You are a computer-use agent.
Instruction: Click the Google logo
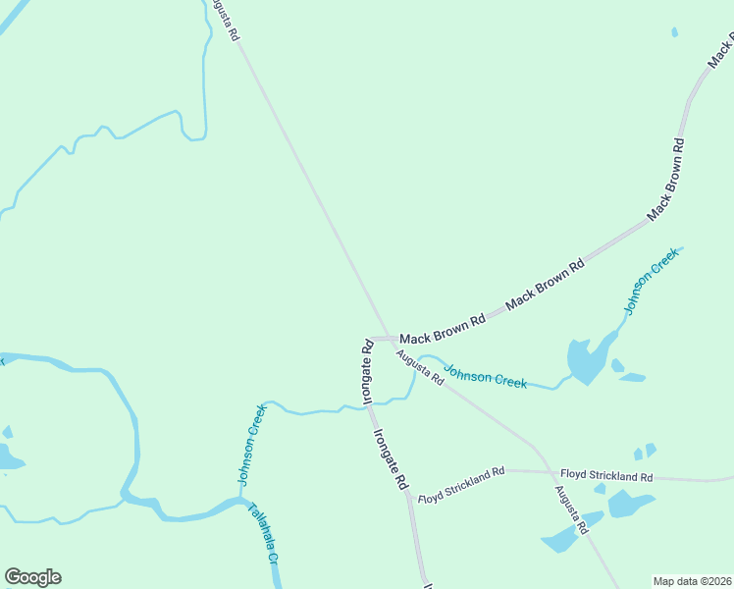point(32,577)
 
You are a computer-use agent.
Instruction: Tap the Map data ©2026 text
point(692,581)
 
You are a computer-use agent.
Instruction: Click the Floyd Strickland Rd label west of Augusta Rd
point(460,485)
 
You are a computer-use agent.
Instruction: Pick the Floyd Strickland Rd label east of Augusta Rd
point(606,475)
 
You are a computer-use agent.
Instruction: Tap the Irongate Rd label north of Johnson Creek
point(366,373)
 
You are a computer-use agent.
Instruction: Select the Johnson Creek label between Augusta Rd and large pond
point(485,375)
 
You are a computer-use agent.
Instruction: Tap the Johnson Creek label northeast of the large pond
point(649,281)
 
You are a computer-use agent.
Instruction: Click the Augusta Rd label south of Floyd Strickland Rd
point(570,509)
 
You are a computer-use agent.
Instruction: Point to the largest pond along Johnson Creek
point(587,360)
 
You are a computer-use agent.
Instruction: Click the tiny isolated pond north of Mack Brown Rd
point(674,32)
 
